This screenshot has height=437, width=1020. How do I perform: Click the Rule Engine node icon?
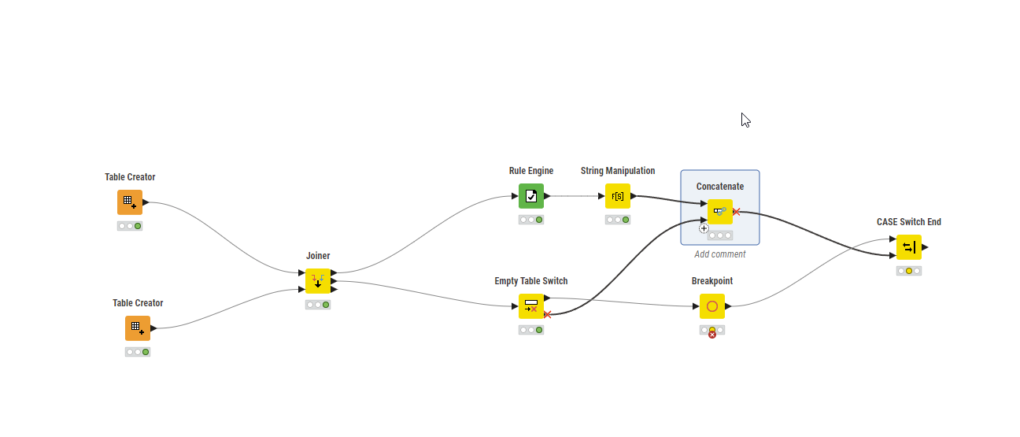coord(531,196)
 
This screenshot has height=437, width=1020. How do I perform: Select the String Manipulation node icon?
coord(618,196)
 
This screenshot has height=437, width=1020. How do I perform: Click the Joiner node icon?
coord(318,281)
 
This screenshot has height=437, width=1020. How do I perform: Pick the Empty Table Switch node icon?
coord(531,306)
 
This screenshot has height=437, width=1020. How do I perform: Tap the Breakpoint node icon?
coord(712,306)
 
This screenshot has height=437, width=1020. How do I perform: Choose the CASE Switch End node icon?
coord(909,247)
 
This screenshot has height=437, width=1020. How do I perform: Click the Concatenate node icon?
coord(720,212)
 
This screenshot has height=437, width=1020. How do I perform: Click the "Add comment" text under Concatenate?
coord(720,254)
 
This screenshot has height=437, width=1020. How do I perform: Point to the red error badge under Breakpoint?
coord(712,335)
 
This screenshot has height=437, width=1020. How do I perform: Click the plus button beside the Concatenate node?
coord(704,228)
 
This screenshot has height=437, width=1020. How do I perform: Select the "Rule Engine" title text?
coord(531,171)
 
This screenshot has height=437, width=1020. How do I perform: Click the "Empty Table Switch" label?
coord(531,281)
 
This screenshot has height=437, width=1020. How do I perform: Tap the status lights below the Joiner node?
coord(318,305)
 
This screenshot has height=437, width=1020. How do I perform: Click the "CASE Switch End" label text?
coord(909,222)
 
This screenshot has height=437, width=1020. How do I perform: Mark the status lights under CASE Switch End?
coord(909,271)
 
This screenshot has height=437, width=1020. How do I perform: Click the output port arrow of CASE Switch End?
coord(926,247)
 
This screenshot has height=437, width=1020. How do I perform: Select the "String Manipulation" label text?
coord(618,171)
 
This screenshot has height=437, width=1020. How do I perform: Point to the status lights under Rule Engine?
coord(531,220)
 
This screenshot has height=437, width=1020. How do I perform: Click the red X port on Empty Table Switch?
coord(548,314)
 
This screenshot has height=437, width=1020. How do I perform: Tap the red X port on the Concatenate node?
coord(737,212)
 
